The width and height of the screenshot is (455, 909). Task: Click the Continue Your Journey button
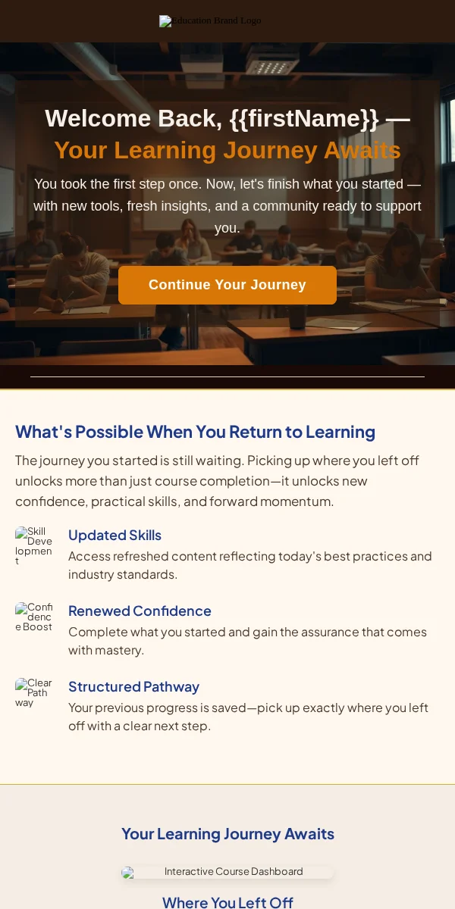click(227, 285)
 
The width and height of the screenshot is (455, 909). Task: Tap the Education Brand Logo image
click(210, 20)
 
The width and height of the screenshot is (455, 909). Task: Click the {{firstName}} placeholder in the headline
click(304, 118)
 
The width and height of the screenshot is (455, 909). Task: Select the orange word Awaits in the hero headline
click(362, 151)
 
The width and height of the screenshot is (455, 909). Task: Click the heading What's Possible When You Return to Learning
click(195, 432)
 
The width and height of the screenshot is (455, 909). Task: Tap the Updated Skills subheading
click(115, 536)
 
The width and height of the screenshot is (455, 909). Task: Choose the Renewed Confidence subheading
click(140, 611)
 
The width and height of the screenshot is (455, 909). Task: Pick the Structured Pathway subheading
click(133, 686)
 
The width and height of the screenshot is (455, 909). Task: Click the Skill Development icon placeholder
click(33, 546)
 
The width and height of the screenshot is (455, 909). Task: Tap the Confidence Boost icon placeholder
click(33, 617)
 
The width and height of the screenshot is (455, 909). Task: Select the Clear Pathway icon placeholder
click(33, 692)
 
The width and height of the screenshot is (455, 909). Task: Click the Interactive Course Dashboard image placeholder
click(227, 872)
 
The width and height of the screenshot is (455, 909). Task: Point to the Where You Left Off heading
click(227, 902)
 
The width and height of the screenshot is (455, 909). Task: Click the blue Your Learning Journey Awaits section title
click(227, 834)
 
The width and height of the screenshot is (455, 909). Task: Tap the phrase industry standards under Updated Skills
click(122, 575)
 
